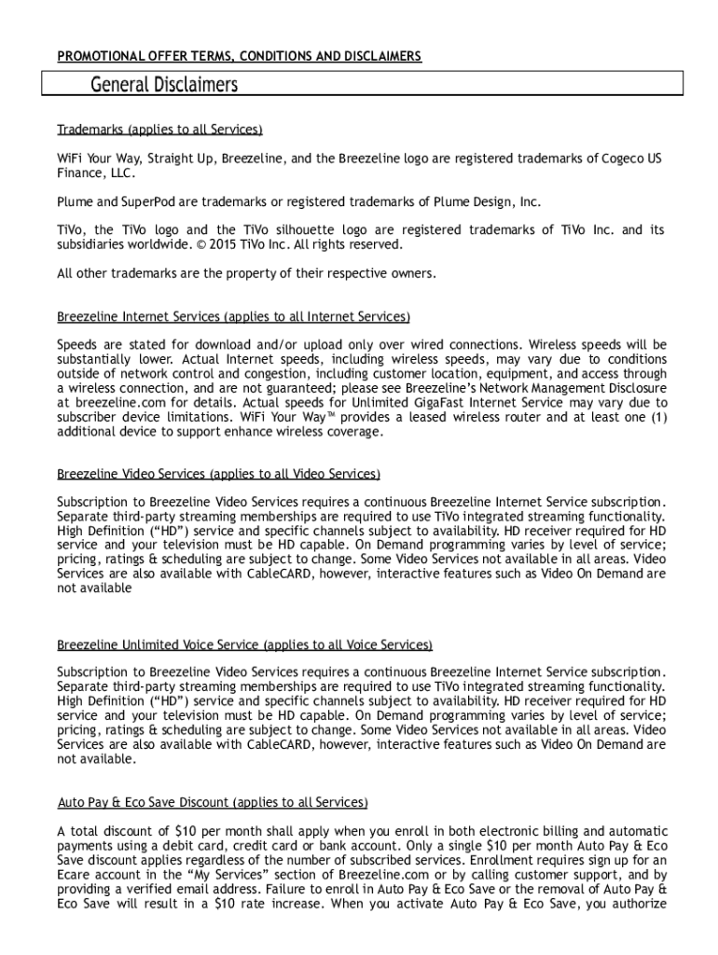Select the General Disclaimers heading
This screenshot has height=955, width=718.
tap(164, 86)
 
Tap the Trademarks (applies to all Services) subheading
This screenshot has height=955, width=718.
tap(159, 129)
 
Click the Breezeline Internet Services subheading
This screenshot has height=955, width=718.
tap(233, 317)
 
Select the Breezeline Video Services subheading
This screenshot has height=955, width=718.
tap(218, 475)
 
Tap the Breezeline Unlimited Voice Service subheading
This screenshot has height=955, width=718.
tap(244, 644)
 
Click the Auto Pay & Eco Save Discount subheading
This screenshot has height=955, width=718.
tap(213, 802)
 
